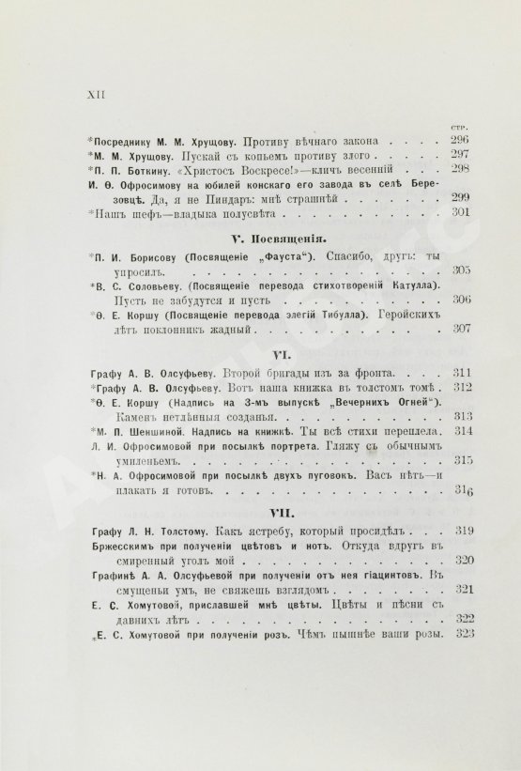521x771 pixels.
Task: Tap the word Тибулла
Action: (x=331, y=316)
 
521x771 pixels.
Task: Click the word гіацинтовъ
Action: (x=382, y=575)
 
